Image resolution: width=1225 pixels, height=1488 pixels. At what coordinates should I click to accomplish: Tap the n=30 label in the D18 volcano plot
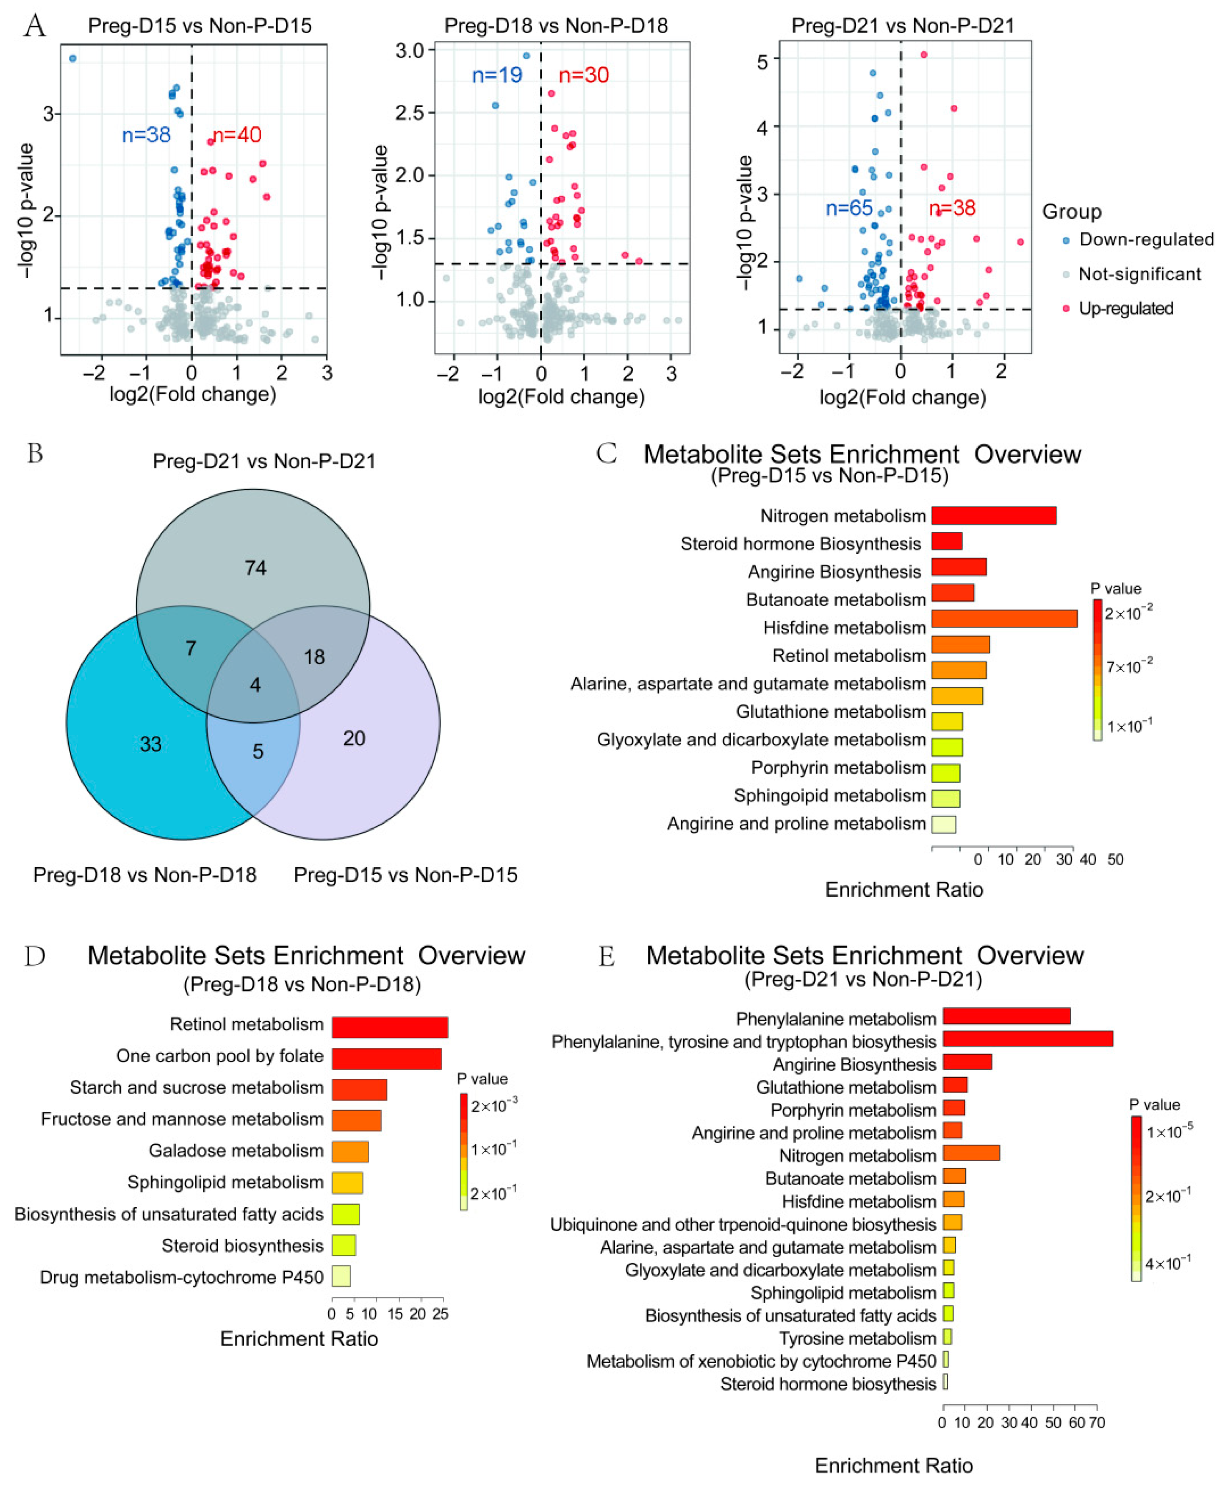point(584,75)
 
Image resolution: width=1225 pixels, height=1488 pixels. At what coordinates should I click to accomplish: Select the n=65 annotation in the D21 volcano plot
point(849,208)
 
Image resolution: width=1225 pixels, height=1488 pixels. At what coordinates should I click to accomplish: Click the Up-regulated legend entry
point(1125,308)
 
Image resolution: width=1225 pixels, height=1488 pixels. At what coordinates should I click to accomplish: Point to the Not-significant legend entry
point(1139,274)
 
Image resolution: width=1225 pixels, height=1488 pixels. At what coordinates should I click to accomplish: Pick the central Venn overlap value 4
point(255,685)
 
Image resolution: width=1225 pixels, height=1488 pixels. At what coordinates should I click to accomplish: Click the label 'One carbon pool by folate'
point(219,1056)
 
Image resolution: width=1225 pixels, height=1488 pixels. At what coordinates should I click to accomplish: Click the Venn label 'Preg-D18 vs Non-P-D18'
point(145,875)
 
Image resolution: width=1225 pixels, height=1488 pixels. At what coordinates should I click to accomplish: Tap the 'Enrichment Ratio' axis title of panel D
point(299,1339)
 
